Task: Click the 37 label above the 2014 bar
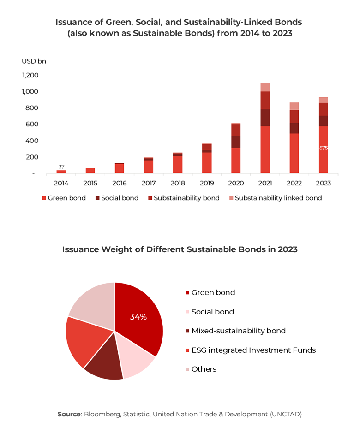pos(61,166)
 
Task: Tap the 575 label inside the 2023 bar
pos(323,148)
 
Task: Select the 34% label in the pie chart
pos(138,317)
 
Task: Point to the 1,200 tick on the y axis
pos(30,75)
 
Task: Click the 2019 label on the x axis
pos(207,183)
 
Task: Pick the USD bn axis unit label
pos(34,61)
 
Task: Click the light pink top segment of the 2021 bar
pos(265,87)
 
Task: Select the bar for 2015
pos(90,171)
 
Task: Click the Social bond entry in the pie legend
pos(212,312)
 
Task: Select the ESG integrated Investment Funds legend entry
pos(253,350)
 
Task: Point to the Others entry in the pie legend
pos(204,369)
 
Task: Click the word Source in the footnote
pos(69,414)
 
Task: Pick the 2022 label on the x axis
pos(294,183)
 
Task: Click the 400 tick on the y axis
pos(32,141)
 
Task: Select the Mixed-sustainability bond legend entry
pos(238,331)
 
